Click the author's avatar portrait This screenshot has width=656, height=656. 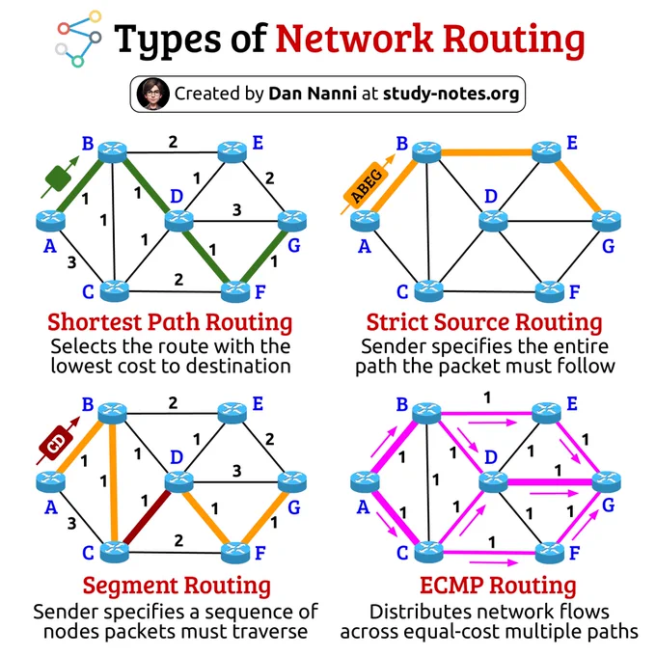tap(152, 94)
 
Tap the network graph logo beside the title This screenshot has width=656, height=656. tap(79, 39)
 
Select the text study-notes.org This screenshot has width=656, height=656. tap(451, 94)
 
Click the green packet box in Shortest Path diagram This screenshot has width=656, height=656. tap(58, 178)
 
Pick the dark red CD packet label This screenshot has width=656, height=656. tap(56, 443)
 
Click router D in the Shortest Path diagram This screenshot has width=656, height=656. tap(179, 221)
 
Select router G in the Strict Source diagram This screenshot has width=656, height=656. tap(606, 221)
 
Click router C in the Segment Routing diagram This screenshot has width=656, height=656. tap(115, 552)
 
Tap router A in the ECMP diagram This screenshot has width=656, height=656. tap(365, 481)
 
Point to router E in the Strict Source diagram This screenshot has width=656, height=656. tap(546, 151)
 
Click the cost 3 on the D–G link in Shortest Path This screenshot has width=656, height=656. tap(236, 209)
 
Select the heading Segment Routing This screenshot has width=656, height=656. tap(177, 585)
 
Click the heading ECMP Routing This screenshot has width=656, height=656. tap(498, 585)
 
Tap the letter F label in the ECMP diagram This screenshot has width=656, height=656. tap(574, 553)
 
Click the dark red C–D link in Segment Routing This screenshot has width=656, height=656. tap(148, 517)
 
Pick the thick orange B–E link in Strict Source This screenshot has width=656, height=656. tap(486, 152)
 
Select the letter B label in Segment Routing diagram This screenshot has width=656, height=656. tap(88, 404)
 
